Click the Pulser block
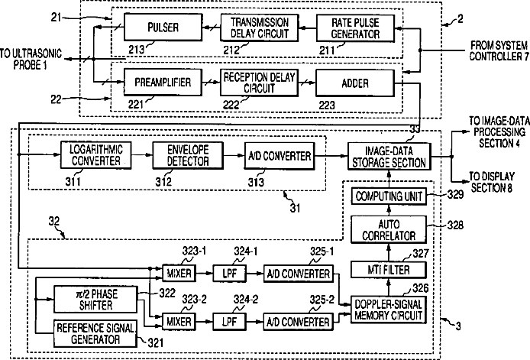tap(159, 28)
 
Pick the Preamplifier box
tap(159, 80)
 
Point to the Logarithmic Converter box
tap(91, 156)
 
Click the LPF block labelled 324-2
tap(229, 322)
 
